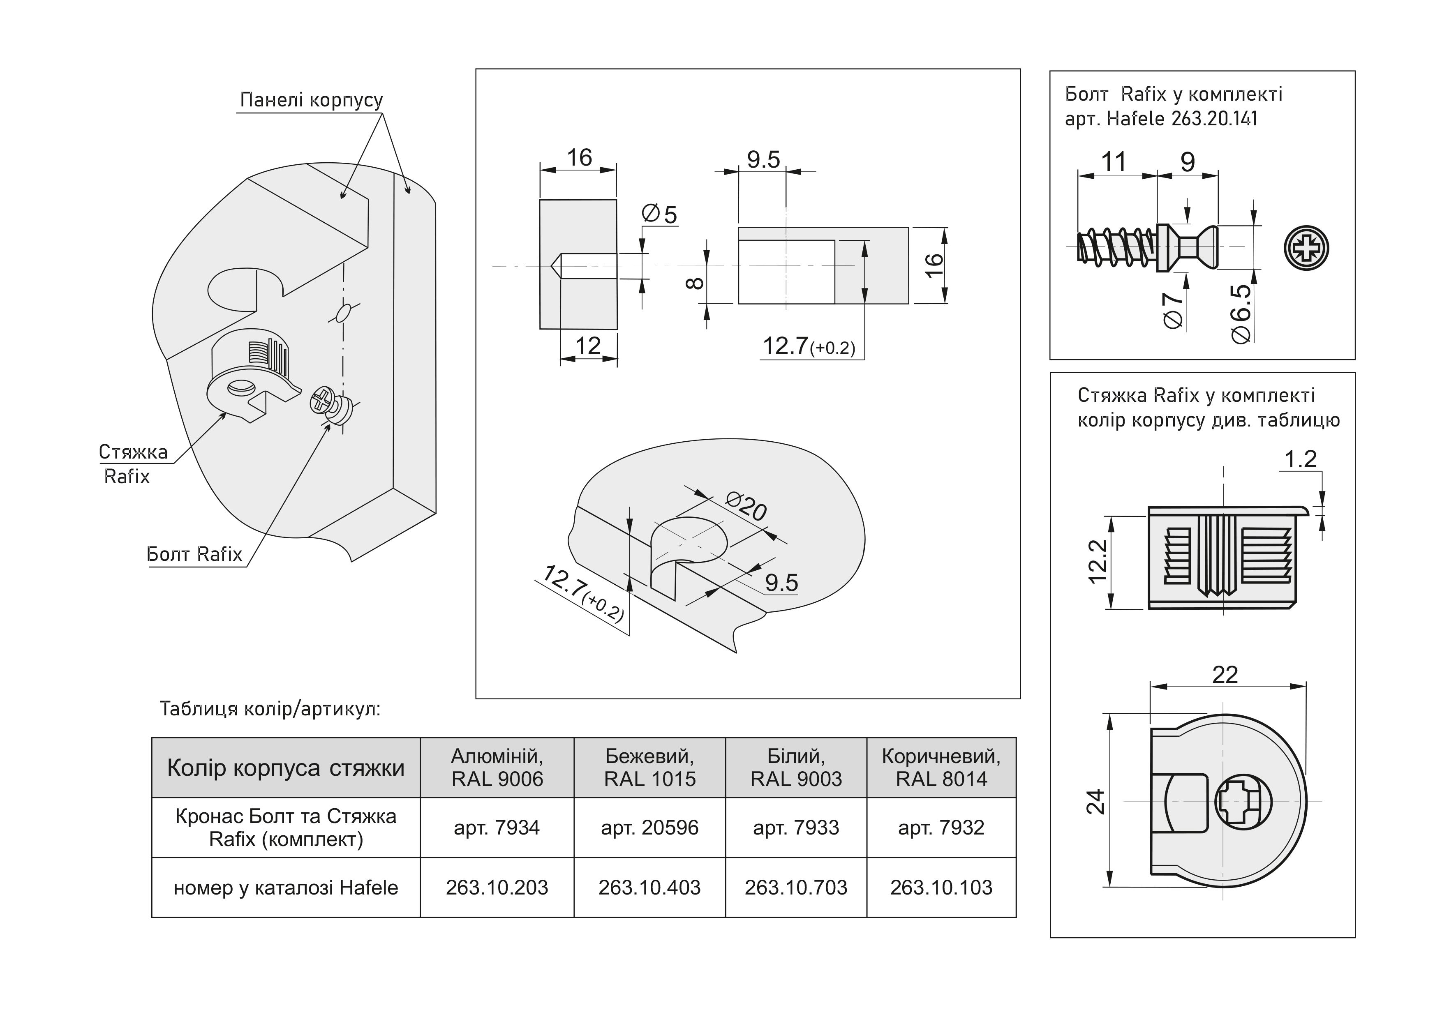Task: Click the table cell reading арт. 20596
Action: click(x=649, y=828)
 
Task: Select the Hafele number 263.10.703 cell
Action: click(x=796, y=887)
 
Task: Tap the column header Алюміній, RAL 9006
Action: click(x=497, y=767)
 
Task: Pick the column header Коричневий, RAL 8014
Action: click(x=941, y=767)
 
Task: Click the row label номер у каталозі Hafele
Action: click(x=286, y=887)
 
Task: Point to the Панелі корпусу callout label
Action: click(x=312, y=100)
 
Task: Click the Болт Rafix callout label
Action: click(x=194, y=554)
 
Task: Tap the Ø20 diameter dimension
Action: click(x=746, y=506)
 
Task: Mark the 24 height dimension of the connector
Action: click(x=1095, y=802)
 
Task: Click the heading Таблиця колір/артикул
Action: click(x=270, y=709)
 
